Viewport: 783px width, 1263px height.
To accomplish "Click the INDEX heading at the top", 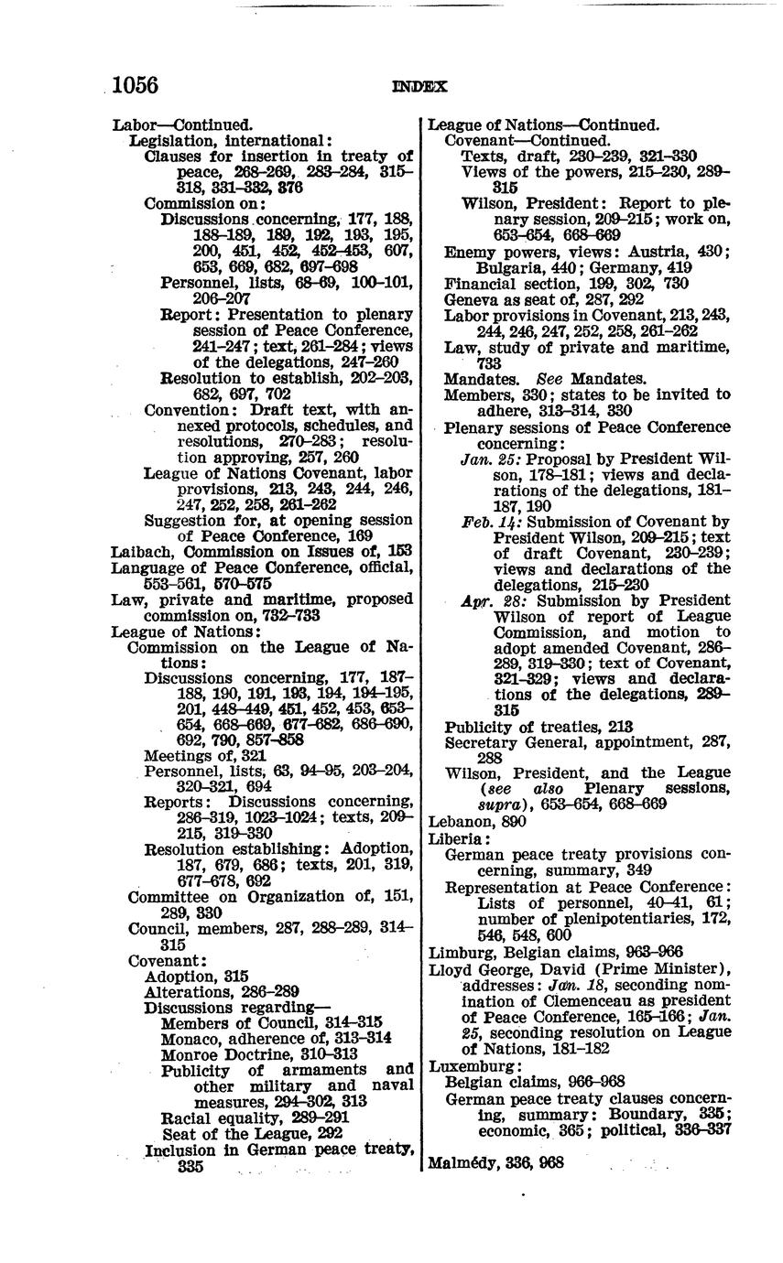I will click(x=419, y=87).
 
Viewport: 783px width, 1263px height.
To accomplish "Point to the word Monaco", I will click(x=190, y=1038).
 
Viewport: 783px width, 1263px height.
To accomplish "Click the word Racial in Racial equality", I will click(x=187, y=1117).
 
